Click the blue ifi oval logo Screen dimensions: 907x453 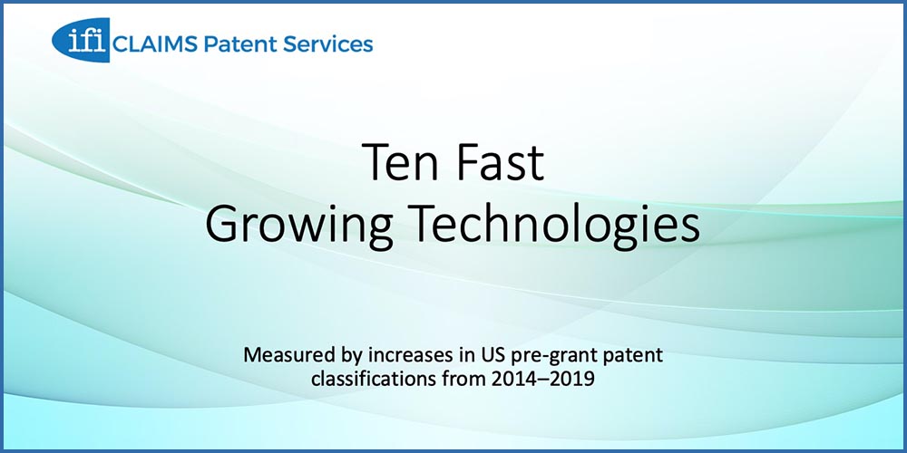coord(81,39)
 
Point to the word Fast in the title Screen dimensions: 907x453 coord(499,162)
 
